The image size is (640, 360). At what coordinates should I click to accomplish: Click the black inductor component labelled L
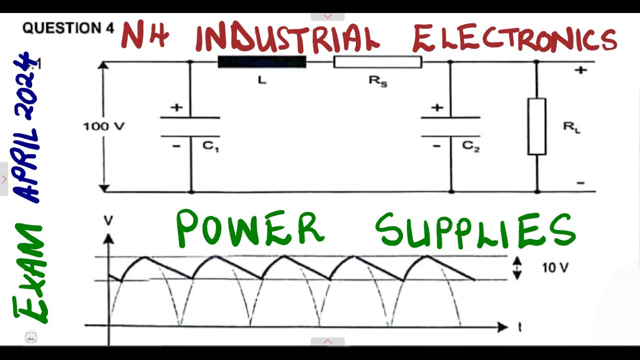pyautogui.click(x=261, y=62)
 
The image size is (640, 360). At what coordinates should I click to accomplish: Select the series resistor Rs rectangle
pyautogui.click(x=377, y=62)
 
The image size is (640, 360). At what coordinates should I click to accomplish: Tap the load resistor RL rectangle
pyautogui.click(x=536, y=126)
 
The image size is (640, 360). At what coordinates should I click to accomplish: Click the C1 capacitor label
pyautogui.click(x=211, y=146)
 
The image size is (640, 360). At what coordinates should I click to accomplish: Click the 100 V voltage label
pyautogui.click(x=103, y=126)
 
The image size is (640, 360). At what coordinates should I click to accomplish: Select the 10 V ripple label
pyautogui.click(x=555, y=268)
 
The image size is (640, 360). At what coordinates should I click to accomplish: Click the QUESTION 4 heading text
pyautogui.click(x=68, y=28)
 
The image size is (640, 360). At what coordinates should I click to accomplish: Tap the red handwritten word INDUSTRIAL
pyautogui.click(x=287, y=38)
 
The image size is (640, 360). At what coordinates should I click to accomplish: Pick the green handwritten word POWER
pyautogui.click(x=250, y=229)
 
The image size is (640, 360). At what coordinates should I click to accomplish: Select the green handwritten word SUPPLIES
pyautogui.click(x=475, y=231)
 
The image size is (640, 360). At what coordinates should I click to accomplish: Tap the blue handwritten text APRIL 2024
pyautogui.click(x=27, y=127)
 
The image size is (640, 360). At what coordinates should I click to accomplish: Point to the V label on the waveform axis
pyautogui.click(x=108, y=220)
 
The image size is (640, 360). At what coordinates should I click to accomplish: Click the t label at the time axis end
pyautogui.click(x=520, y=327)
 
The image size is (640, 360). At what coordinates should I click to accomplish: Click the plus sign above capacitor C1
pyautogui.click(x=176, y=107)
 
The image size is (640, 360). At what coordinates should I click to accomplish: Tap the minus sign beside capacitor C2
pyautogui.click(x=436, y=146)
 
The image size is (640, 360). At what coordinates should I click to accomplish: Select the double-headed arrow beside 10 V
pyautogui.click(x=517, y=268)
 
